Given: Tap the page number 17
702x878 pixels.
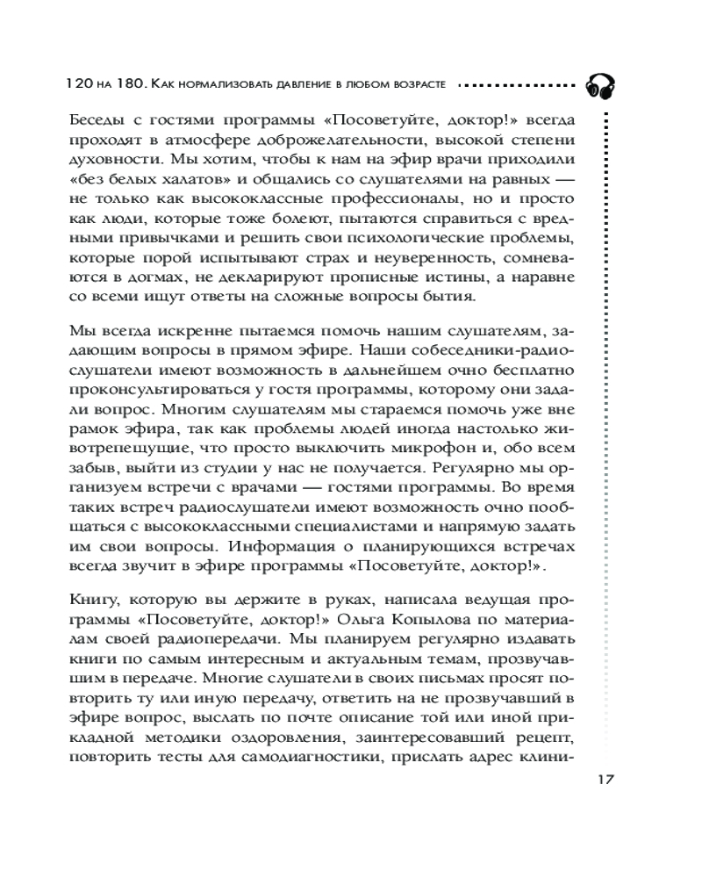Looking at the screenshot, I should (606, 779).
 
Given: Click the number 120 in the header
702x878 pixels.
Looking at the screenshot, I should (80, 85).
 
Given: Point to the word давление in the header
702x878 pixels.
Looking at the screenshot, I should (328, 85).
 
